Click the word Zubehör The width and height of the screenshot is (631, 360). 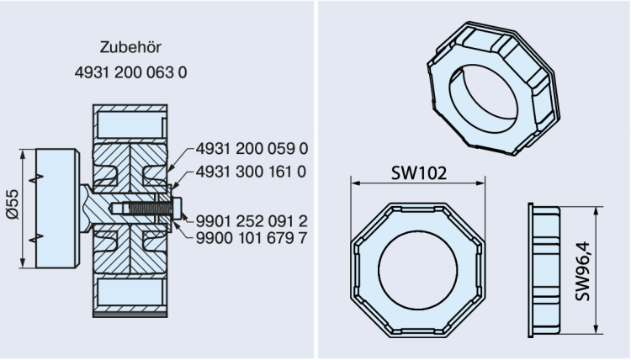tap(130, 48)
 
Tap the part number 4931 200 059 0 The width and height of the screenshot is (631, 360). tap(252, 149)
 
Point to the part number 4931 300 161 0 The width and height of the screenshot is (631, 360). tap(252, 172)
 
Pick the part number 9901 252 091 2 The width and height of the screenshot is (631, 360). tap(252, 220)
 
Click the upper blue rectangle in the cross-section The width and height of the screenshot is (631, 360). tap(130, 124)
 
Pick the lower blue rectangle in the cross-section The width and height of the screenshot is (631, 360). tap(130, 292)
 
